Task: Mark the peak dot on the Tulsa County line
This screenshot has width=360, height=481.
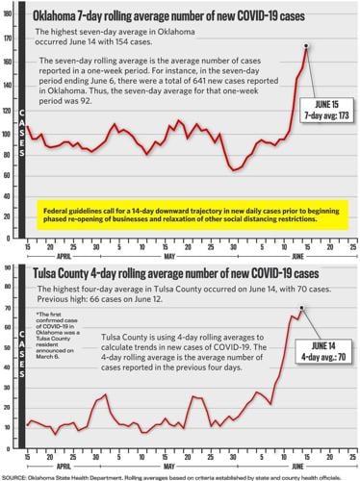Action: (x=301, y=309)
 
